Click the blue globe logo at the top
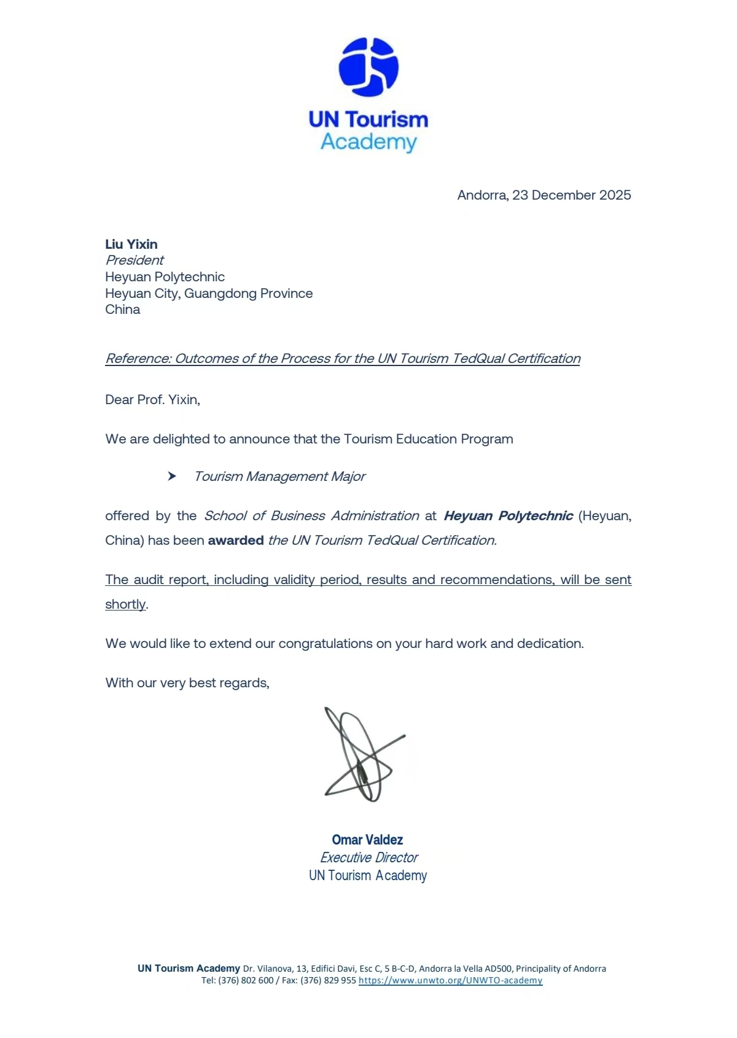click(x=368, y=67)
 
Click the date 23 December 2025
click(x=571, y=195)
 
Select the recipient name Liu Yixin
click(x=131, y=244)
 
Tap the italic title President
click(x=135, y=260)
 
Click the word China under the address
click(x=123, y=310)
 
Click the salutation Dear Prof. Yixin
click(x=152, y=400)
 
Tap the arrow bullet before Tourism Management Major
click(x=172, y=477)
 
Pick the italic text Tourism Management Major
click(x=279, y=477)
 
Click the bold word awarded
click(x=236, y=540)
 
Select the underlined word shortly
click(x=125, y=604)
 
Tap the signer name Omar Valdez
click(x=367, y=840)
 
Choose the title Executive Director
click(x=368, y=857)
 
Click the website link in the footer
click(x=450, y=980)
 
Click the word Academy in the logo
click(x=368, y=142)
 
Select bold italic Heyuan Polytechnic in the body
click(x=509, y=516)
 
